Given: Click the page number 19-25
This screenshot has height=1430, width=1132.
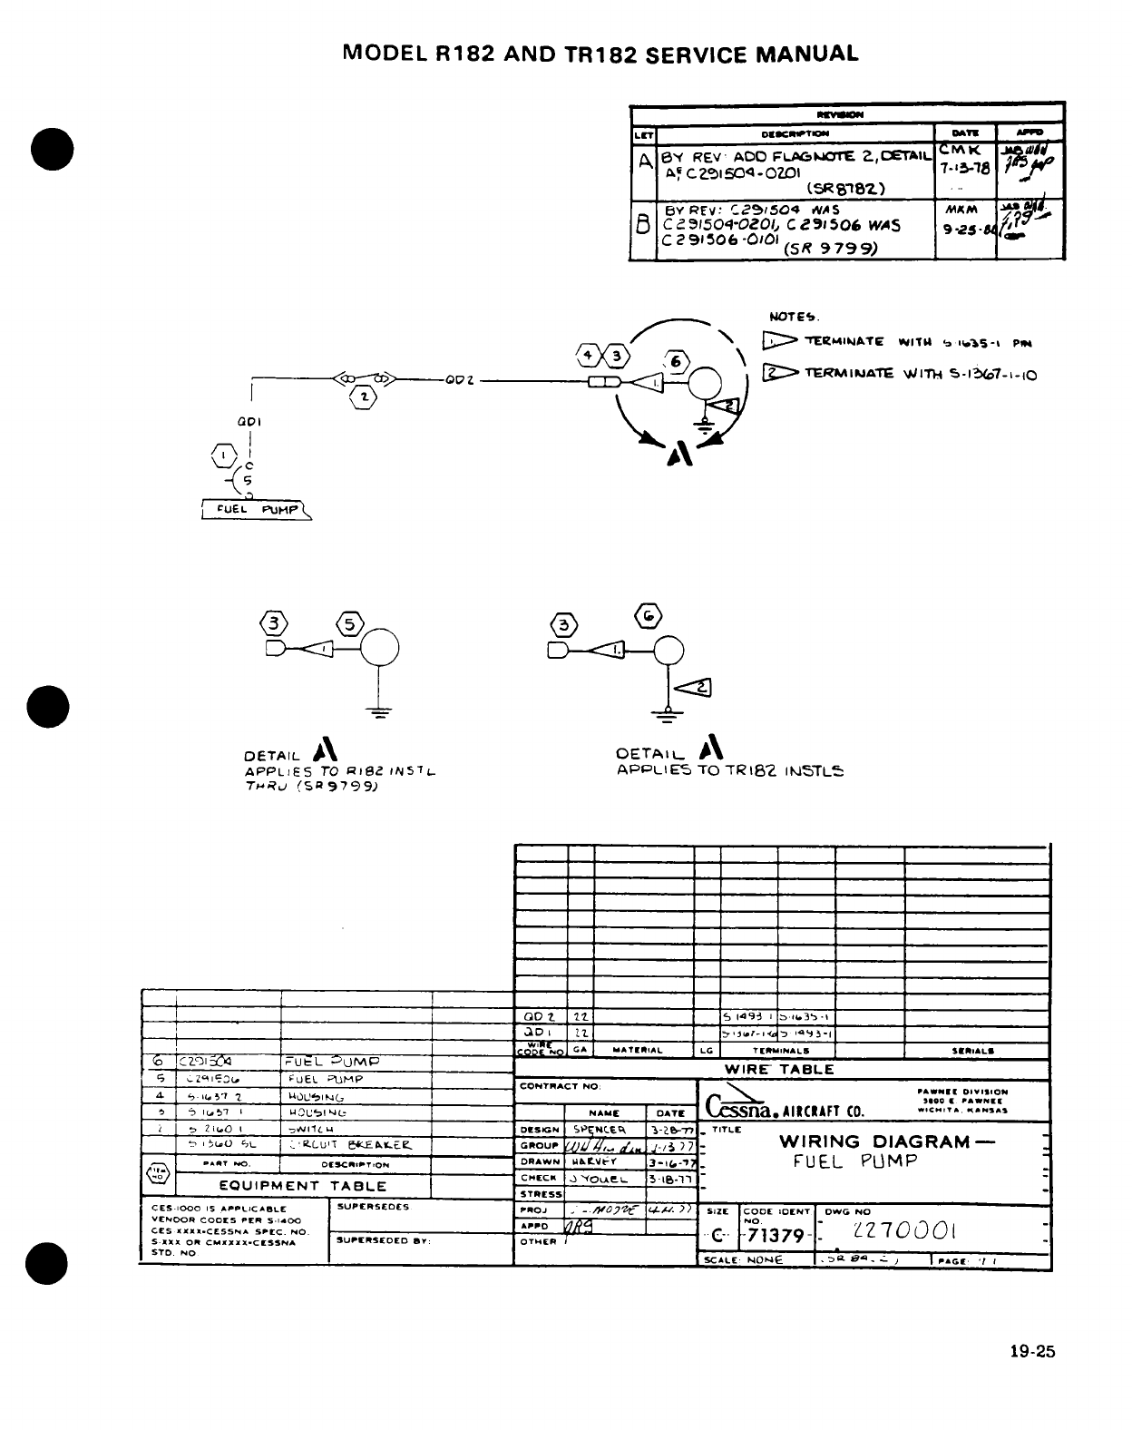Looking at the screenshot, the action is point(1033,1351).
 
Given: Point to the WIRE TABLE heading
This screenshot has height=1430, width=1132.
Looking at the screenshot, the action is point(781,1070).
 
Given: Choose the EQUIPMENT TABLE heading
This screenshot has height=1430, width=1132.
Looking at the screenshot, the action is point(303,1186).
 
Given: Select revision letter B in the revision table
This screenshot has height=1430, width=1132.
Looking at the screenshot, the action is point(643,225).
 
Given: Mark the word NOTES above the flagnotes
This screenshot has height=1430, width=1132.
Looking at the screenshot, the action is point(794,317).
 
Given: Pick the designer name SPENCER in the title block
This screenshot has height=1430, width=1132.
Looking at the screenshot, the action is point(600,1130).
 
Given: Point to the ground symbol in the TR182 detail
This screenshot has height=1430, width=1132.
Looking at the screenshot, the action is point(668,717).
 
